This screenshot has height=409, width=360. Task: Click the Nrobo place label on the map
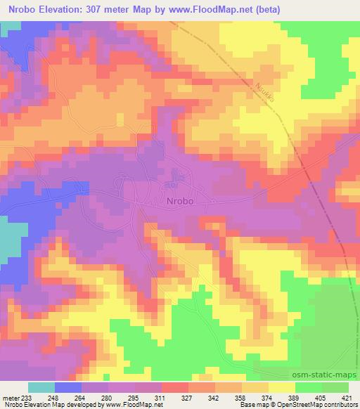(x=180, y=200)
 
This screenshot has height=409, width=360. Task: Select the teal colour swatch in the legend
(x=41, y=387)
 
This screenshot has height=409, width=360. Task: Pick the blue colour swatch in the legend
(x=69, y=387)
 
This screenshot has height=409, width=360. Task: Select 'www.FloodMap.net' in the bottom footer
(x=131, y=405)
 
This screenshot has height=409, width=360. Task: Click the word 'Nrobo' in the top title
(x=20, y=8)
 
